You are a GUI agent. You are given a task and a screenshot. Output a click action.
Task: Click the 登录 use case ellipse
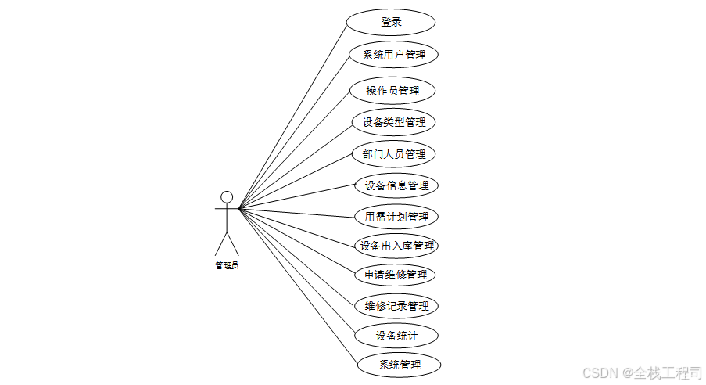click(391, 22)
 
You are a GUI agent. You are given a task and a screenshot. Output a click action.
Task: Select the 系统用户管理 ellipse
click(393, 55)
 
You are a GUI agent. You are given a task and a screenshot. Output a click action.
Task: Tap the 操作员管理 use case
click(392, 91)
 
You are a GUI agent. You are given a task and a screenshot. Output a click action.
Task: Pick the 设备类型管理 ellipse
click(393, 122)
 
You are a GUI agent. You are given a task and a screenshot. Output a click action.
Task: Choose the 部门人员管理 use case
click(393, 154)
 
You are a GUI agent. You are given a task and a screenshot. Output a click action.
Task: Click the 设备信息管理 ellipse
click(396, 185)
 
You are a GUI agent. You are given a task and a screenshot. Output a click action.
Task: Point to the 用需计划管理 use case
click(396, 217)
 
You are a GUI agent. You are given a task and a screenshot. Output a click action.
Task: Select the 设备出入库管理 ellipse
click(396, 246)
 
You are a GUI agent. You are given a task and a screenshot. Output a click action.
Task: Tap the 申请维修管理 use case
click(395, 275)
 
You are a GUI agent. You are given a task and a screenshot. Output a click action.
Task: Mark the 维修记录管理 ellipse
click(396, 306)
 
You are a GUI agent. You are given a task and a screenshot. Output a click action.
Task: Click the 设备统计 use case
click(396, 336)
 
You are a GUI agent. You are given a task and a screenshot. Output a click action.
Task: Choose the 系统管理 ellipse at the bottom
click(399, 365)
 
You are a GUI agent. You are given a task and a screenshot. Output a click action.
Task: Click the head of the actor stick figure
click(227, 197)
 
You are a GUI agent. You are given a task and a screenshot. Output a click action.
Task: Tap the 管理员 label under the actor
click(227, 265)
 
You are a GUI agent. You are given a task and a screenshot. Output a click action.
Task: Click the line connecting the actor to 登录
click(292, 117)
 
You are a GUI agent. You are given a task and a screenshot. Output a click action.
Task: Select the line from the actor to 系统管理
click(299, 286)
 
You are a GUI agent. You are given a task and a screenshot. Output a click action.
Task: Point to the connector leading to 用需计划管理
click(297, 213)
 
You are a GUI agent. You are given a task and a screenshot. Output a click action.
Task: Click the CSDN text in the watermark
click(600, 373)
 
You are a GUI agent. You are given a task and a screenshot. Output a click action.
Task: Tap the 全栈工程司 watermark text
click(668, 373)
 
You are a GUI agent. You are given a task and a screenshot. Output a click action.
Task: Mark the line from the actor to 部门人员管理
click(296, 182)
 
